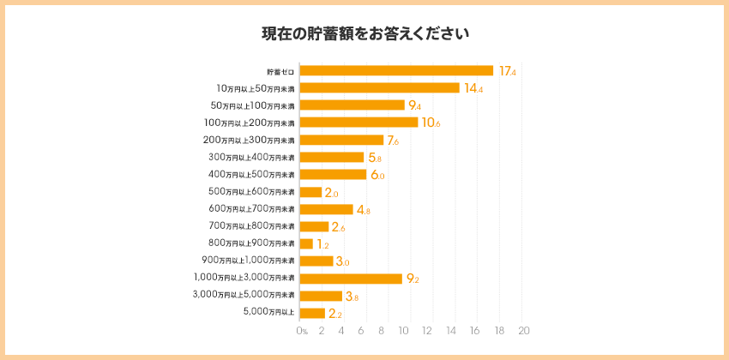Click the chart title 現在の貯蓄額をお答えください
(x=364, y=34)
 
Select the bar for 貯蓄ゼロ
(x=396, y=70)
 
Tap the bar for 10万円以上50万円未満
(x=379, y=87)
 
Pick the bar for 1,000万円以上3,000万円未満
(x=351, y=279)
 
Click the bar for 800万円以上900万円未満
(x=306, y=244)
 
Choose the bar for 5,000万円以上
(x=312, y=313)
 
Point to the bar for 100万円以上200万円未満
(x=358, y=123)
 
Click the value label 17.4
(x=507, y=71)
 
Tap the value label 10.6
(x=431, y=123)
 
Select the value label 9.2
(x=413, y=279)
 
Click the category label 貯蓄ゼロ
(x=280, y=71)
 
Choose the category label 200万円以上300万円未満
(x=249, y=140)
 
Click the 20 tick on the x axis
(x=524, y=331)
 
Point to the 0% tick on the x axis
(x=302, y=331)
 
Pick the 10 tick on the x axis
(x=411, y=331)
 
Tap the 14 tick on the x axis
(x=455, y=331)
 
